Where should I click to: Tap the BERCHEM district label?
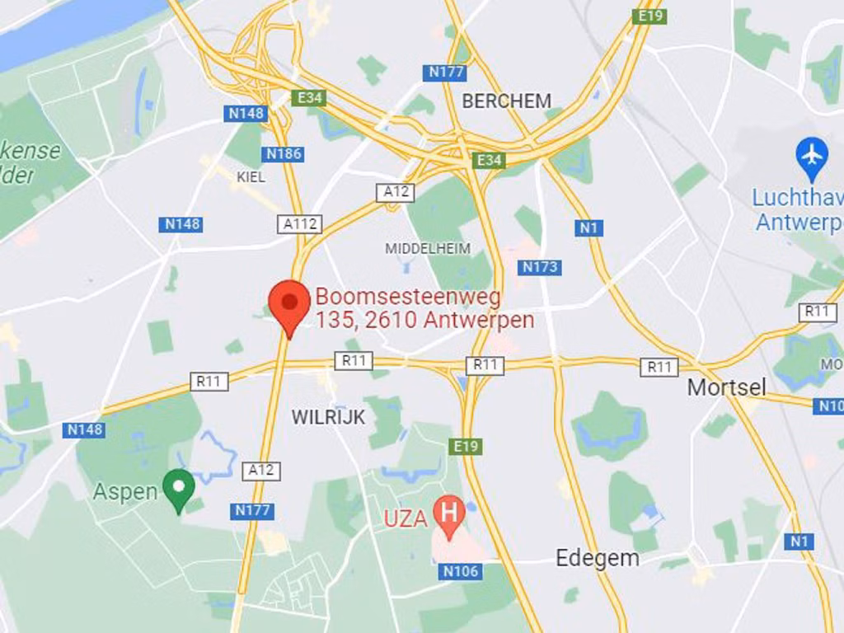coord(506,101)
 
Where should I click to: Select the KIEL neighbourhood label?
coord(251,177)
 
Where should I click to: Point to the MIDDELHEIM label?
coord(428,248)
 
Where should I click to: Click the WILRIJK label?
coord(328,418)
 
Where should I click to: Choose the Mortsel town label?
coord(726,387)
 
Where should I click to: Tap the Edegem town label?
coord(597,558)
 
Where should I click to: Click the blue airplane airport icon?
coord(812,154)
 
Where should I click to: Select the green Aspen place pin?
coord(178,489)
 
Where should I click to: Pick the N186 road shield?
coord(284,154)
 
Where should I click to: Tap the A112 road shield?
coord(299,224)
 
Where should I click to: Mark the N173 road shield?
coord(540,267)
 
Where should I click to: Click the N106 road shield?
coord(460,571)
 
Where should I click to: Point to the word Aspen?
coord(124,492)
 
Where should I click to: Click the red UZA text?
coord(406,518)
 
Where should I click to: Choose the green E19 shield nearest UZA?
coord(466,447)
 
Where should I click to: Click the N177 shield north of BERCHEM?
coord(447,73)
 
